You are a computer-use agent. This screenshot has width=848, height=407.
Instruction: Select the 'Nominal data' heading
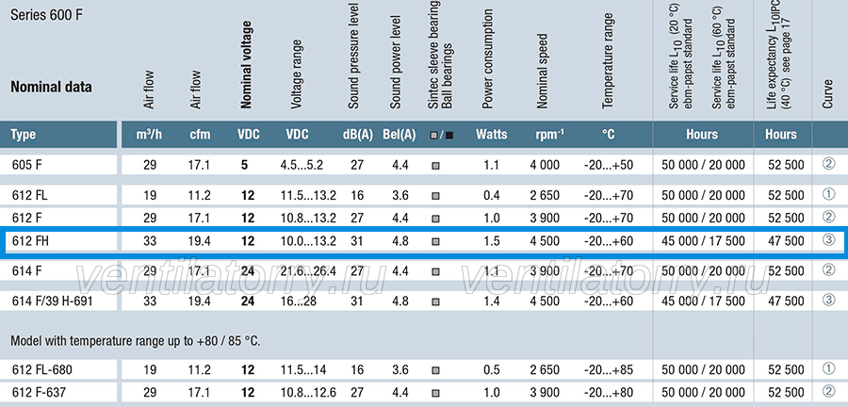[x=52, y=87]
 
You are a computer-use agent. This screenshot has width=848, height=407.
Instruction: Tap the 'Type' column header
[x=24, y=134]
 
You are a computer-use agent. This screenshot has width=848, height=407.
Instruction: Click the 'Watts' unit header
[x=492, y=134]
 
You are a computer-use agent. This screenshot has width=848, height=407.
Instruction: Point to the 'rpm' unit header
[x=546, y=134]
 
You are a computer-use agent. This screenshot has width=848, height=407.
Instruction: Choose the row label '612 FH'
[x=30, y=241]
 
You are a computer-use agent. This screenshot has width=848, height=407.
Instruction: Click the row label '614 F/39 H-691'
[x=53, y=301]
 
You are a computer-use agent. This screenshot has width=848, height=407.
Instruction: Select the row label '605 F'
[x=27, y=165]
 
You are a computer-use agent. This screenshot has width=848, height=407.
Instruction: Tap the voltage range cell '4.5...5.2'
[x=302, y=165]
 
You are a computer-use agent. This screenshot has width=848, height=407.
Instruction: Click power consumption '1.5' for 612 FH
[x=492, y=241]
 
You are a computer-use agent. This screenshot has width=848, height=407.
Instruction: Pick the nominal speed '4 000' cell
[x=546, y=165]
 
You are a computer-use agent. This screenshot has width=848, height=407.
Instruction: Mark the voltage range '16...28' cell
[x=299, y=301]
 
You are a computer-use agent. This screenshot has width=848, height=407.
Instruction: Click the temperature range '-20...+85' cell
[x=609, y=370]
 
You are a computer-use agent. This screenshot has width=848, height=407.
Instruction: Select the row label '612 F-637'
[x=39, y=393]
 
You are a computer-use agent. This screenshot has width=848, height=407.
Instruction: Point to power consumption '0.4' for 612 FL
[x=492, y=195]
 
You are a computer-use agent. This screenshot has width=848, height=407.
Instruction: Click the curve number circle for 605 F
[x=828, y=164]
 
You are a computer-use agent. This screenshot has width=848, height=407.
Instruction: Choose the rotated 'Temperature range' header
[x=608, y=60]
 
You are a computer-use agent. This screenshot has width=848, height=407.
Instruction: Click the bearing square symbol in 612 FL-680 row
[x=435, y=371]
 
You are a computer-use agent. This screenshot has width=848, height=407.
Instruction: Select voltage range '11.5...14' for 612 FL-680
[x=303, y=370]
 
